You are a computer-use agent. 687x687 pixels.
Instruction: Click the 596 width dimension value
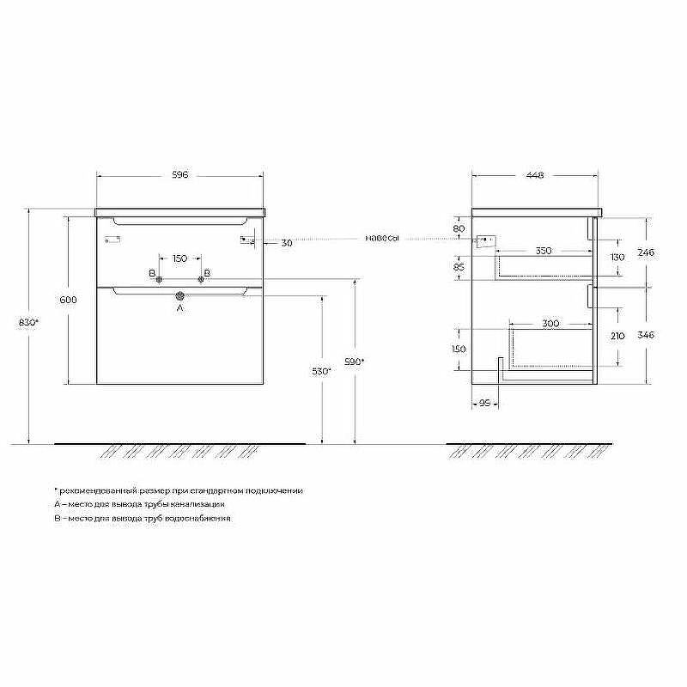point(179,175)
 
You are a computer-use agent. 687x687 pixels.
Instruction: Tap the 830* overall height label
point(29,322)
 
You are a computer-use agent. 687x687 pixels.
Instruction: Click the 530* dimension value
point(321,371)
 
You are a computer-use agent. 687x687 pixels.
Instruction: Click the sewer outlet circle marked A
point(180,295)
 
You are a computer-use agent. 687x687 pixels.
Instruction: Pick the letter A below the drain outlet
point(180,307)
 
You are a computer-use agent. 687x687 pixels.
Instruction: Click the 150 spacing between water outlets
point(179,258)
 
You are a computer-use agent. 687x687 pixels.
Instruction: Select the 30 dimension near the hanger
point(287,243)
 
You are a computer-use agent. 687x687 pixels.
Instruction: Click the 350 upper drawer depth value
point(543,252)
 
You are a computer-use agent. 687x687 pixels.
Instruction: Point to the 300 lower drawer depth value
point(550,324)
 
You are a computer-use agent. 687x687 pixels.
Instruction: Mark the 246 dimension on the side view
point(647,252)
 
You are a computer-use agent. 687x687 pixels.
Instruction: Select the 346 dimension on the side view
point(647,335)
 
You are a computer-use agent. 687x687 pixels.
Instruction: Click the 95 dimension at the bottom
point(484,401)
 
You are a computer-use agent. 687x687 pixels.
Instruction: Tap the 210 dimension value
point(617,337)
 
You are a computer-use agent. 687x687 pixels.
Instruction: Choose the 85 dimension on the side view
point(459,267)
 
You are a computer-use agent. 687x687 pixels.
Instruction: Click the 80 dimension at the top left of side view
point(459,228)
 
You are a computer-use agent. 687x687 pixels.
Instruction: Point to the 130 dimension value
point(617,258)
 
